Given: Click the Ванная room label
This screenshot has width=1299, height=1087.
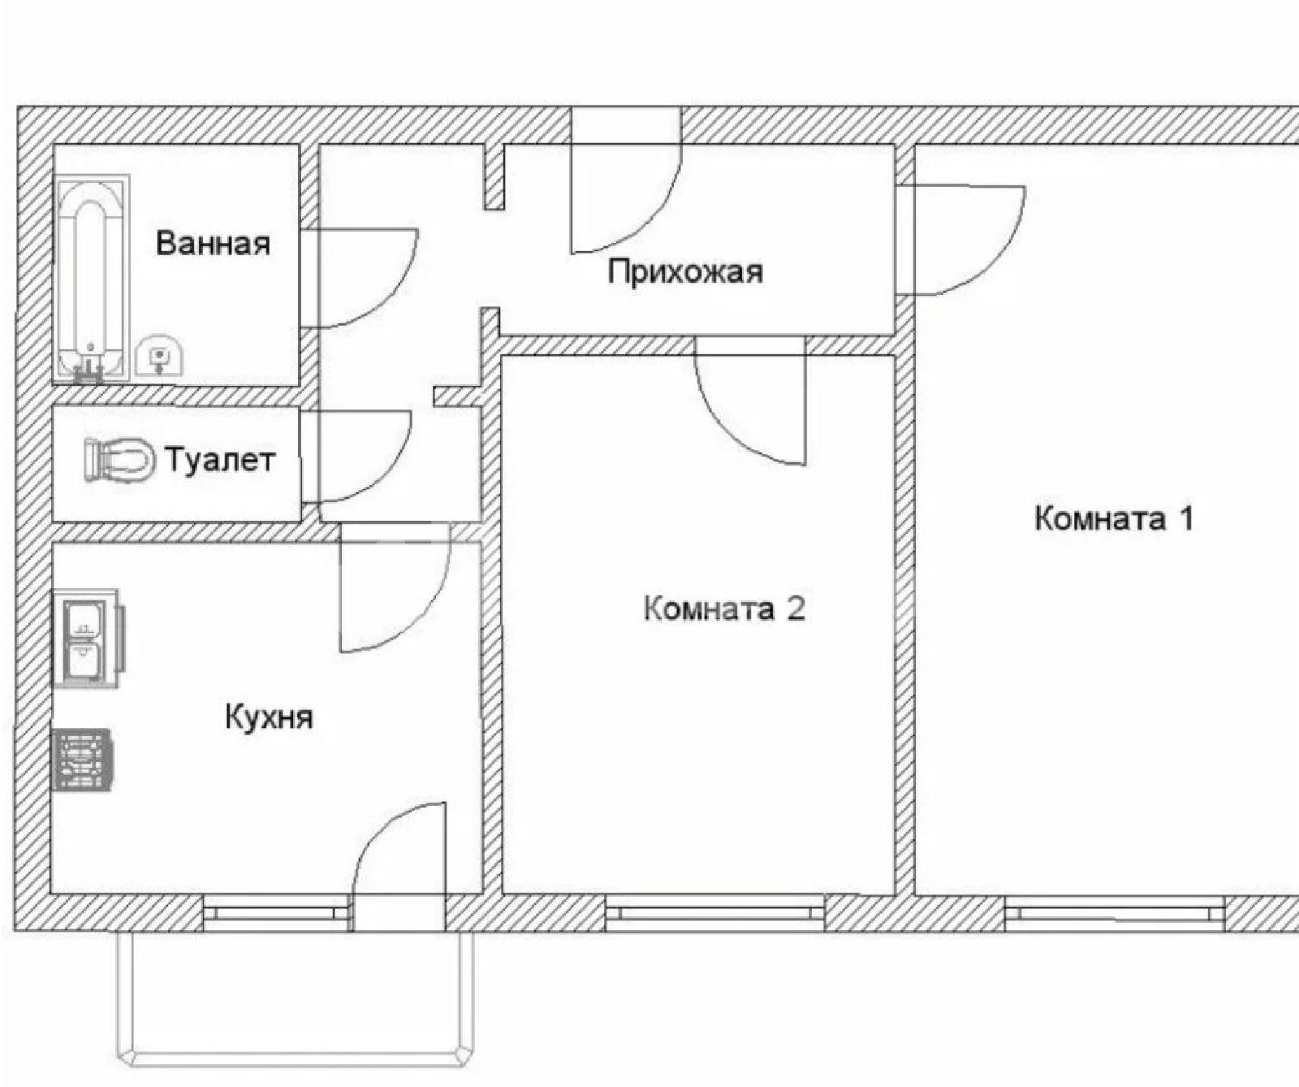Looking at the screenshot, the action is pyautogui.click(x=213, y=243).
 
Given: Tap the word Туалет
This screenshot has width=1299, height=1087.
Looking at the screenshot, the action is pyautogui.click(x=220, y=460).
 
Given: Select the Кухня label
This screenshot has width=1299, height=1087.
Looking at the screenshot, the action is pyautogui.click(x=269, y=717).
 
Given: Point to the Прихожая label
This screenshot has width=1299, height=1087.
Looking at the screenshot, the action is pyautogui.click(x=686, y=271).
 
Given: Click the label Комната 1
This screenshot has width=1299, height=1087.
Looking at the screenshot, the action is pyautogui.click(x=1114, y=518).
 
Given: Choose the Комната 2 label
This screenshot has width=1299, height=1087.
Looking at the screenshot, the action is pyautogui.click(x=724, y=608).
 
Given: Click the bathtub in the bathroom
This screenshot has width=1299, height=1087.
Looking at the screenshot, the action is pyautogui.click(x=91, y=278).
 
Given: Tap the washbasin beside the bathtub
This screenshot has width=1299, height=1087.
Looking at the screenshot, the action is pyautogui.click(x=160, y=356).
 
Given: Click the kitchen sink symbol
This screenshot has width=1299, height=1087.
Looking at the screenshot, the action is pyautogui.click(x=88, y=639).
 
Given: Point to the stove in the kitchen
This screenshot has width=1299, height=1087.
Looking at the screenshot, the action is pyautogui.click(x=82, y=759).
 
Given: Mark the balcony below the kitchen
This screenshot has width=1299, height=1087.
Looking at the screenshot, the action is pyautogui.click(x=296, y=998).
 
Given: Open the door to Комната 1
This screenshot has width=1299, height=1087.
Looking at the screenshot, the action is pyautogui.click(x=961, y=240).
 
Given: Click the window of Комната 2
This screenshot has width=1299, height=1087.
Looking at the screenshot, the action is pyautogui.click(x=715, y=913).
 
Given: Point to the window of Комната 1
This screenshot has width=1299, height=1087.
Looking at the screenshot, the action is pyautogui.click(x=1115, y=913).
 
